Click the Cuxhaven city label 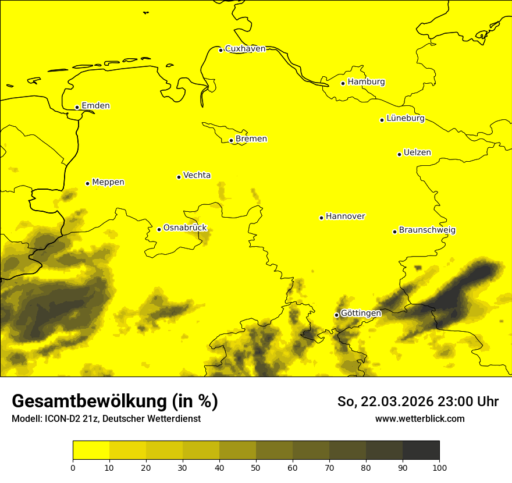pos(245,49)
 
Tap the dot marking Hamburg pos(343,83)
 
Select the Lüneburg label pos(405,119)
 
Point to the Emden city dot pos(77,107)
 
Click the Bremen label pos(251,139)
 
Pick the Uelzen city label pos(417,153)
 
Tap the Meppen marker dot pos(87,183)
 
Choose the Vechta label pos(197,175)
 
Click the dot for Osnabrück pos(159,229)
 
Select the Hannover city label pos(345,216)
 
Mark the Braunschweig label pos(427,230)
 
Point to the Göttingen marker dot pos(336,315)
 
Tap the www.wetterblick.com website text pos(419,419)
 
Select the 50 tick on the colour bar pos(256,467)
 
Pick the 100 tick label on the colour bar pos(439,467)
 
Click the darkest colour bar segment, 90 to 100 pos(421,450)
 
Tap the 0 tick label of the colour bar pos(73,467)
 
